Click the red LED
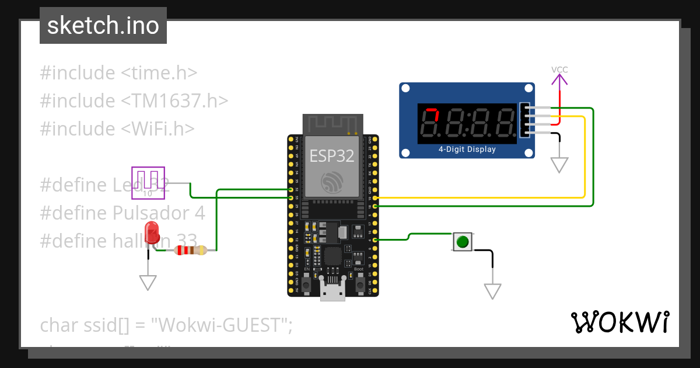point(152,232)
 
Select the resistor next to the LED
point(190,251)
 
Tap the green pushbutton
point(463,241)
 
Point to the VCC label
point(559,70)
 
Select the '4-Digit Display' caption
point(467,149)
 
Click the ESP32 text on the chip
point(331,156)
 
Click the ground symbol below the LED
point(148,283)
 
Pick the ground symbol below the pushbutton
point(492,291)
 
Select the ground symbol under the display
point(559,165)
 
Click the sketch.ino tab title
point(103,26)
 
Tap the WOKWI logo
point(619,322)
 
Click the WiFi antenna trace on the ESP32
point(332,124)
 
